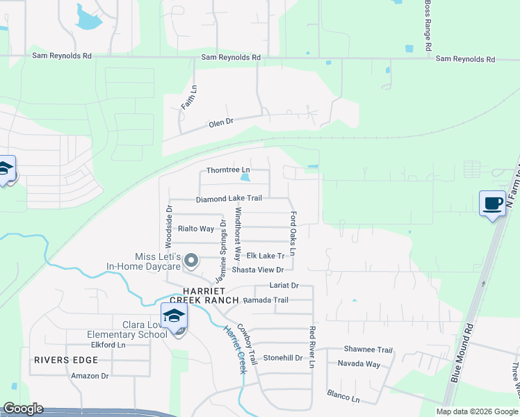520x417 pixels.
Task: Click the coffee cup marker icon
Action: (493, 203)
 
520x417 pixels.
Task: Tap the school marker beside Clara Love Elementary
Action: (174, 316)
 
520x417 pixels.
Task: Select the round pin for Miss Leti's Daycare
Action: (193, 261)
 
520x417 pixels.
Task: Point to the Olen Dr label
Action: (220, 124)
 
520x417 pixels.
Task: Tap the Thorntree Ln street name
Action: (227, 170)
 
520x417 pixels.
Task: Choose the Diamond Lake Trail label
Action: (229, 199)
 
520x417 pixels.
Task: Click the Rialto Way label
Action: (196, 229)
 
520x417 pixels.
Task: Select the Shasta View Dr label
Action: (258, 270)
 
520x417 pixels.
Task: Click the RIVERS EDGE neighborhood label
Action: (65, 360)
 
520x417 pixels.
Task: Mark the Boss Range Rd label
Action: (428, 26)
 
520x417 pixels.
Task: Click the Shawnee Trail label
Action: (368, 350)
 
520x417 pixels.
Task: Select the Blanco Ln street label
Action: (344, 396)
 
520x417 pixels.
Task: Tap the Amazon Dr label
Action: (90, 376)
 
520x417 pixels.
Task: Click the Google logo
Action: (23, 409)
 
